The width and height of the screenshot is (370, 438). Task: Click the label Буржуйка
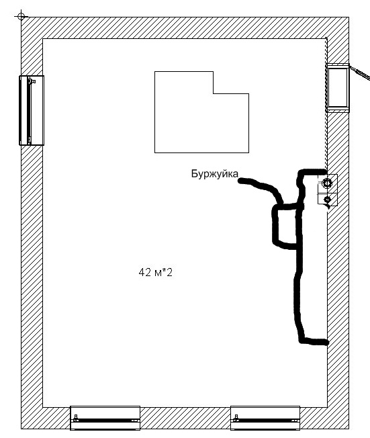214,174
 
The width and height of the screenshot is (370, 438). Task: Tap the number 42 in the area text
145,272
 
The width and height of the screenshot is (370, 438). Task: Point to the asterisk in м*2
165,271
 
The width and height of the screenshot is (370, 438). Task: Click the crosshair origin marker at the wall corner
21,17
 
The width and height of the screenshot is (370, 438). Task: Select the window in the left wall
32,110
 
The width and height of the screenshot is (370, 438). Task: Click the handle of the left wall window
33,81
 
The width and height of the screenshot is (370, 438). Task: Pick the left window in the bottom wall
105,418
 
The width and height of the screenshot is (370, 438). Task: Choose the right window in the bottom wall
265,418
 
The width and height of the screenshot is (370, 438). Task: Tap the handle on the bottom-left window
75,418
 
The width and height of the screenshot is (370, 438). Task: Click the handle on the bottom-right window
236,418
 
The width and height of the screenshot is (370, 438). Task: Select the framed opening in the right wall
338,88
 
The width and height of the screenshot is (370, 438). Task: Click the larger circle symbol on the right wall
327,183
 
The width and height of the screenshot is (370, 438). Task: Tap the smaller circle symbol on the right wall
327,200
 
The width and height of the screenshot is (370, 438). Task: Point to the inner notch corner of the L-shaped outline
214,93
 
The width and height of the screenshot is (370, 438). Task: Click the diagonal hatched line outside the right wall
360,73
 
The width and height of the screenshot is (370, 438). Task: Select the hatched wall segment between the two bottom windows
185,418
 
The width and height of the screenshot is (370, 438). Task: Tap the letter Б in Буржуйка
194,173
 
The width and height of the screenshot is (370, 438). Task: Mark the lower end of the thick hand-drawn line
326,342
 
